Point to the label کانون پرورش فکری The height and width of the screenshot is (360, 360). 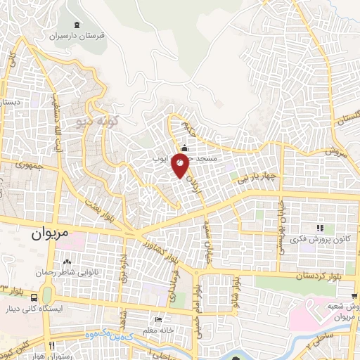[320, 239]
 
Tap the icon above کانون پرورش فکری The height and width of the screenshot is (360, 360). [320, 228]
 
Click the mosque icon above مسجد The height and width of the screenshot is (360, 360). [184, 148]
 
